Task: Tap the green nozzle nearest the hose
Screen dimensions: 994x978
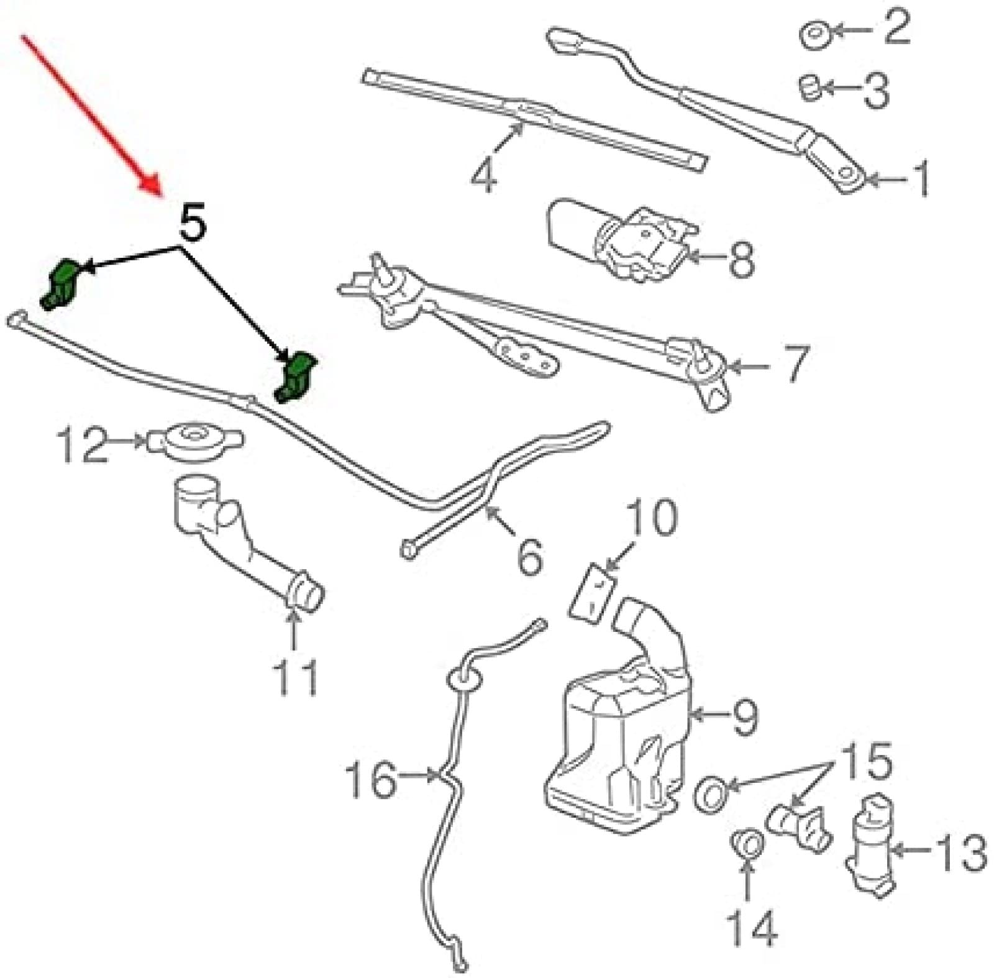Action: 295,377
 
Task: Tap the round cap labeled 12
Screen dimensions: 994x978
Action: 193,442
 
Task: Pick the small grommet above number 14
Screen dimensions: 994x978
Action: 747,844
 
